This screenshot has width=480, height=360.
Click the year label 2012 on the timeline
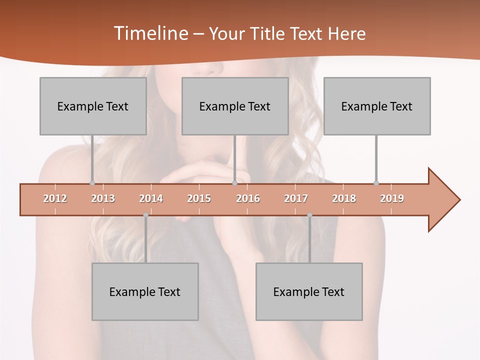pos(55,198)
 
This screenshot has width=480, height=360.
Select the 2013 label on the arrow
pos(103,198)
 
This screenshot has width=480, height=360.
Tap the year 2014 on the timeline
pos(151,198)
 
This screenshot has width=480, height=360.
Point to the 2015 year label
pos(199,198)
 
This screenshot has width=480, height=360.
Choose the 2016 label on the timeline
pos(248,198)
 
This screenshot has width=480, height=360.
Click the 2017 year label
pos(296,198)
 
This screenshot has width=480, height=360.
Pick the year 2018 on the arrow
pos(344,198)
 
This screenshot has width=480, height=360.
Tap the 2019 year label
pos(392,198)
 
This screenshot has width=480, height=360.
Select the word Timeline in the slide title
pos(150,33)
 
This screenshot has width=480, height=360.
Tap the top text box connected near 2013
pos(93,106)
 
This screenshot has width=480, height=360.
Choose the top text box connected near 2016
pos(235,106)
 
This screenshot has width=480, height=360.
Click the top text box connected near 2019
pos(377,106)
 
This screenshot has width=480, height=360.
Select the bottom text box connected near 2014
pos(145,291)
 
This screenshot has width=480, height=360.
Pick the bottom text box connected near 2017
pos(309,291)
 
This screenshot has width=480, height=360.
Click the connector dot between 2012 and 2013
pos(92,183)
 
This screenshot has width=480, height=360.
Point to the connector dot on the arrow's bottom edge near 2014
pos(145,215)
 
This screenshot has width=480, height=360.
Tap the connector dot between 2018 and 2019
pos(376,183)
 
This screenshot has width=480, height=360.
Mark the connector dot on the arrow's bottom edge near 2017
pos(309,215)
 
